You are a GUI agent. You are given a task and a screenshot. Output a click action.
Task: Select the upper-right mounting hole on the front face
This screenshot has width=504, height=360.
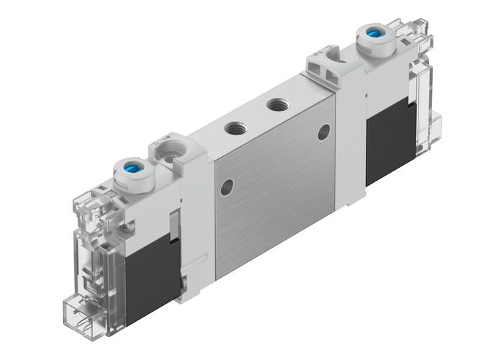point(325,131)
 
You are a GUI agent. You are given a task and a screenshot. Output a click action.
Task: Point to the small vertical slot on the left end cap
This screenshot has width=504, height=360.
point(173,223)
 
